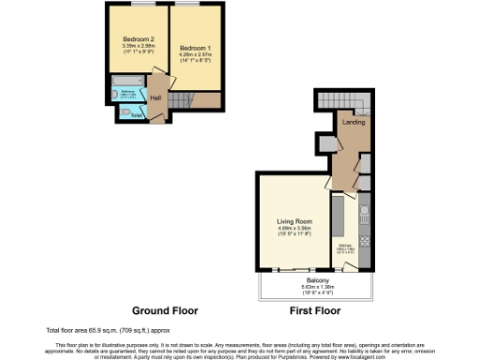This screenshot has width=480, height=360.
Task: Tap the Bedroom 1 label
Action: (x=195, y=48)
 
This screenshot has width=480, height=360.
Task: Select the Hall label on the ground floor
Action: (x=155, y=97)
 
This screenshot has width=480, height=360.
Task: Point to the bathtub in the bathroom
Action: (x=128, y=95)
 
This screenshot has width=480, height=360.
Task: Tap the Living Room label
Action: (x=295, y=222)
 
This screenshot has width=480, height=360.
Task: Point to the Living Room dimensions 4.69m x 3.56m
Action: (x=295, y=230)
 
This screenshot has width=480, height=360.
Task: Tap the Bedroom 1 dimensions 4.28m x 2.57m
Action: (x=195, y=55)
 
